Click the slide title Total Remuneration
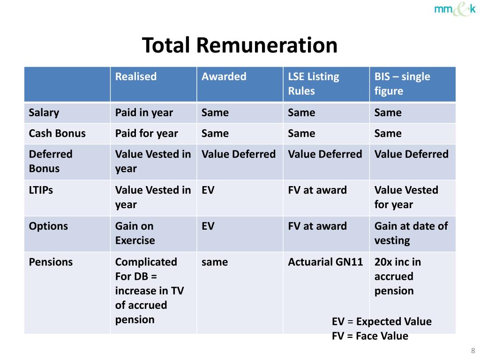(x=240, y=45)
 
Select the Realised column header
(x=136, y=77)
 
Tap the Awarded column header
(x=224, y=77)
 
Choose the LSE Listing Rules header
(x=313, y=83)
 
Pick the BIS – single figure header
(x=402, y=83)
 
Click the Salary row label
(x=44, y=113)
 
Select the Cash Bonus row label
(x=57, y=134)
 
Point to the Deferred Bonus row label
(x=51, y=161)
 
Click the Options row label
(x=48, y=226)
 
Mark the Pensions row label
(x=51, y=262)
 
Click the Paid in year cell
(x=144, y=113)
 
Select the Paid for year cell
(x=146, y=134)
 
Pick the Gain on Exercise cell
(x=135, y=233)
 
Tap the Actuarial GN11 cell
(x=325, y=262)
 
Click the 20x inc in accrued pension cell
(x=397, y=276)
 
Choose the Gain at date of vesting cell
(x=411, y=233)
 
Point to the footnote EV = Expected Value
(x=382, y=322)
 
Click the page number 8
(x=472, y=351)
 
